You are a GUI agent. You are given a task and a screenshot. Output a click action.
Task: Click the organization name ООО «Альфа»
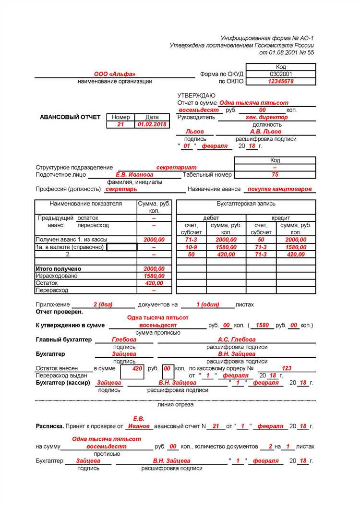pos(114,74)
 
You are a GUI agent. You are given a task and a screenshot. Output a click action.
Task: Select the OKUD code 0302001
pos(281,74)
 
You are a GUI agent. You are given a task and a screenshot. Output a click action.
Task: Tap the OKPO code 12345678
pos(281,82)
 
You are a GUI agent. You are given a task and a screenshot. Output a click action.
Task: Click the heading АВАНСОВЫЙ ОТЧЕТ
pos(71,117)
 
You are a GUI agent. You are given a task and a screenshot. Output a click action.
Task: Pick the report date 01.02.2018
pos(152,124)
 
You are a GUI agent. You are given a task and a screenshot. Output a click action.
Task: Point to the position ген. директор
pos(267,117)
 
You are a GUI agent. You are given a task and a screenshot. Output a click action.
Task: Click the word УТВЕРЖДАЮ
pos(196,96)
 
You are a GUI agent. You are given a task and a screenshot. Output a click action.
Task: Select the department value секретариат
pos(173,168)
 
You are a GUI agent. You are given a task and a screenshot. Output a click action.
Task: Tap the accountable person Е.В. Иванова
pos(134,175)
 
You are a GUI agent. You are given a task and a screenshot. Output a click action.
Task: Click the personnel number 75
pos(275,175)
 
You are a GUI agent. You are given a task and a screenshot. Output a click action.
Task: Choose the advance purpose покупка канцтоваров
pos(279,189)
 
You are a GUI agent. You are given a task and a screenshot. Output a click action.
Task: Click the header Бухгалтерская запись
pos(246,204)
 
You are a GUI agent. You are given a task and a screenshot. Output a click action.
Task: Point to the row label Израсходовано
pos(56,276)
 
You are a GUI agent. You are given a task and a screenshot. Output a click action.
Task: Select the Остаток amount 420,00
pos(154,283)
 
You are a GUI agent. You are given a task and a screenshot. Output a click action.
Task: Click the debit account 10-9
pos(191,247)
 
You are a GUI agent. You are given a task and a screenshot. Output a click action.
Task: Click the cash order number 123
pos(287,368)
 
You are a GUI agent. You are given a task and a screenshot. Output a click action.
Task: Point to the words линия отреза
pos(175,404)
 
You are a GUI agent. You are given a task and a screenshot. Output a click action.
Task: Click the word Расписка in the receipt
pos(49,426)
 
